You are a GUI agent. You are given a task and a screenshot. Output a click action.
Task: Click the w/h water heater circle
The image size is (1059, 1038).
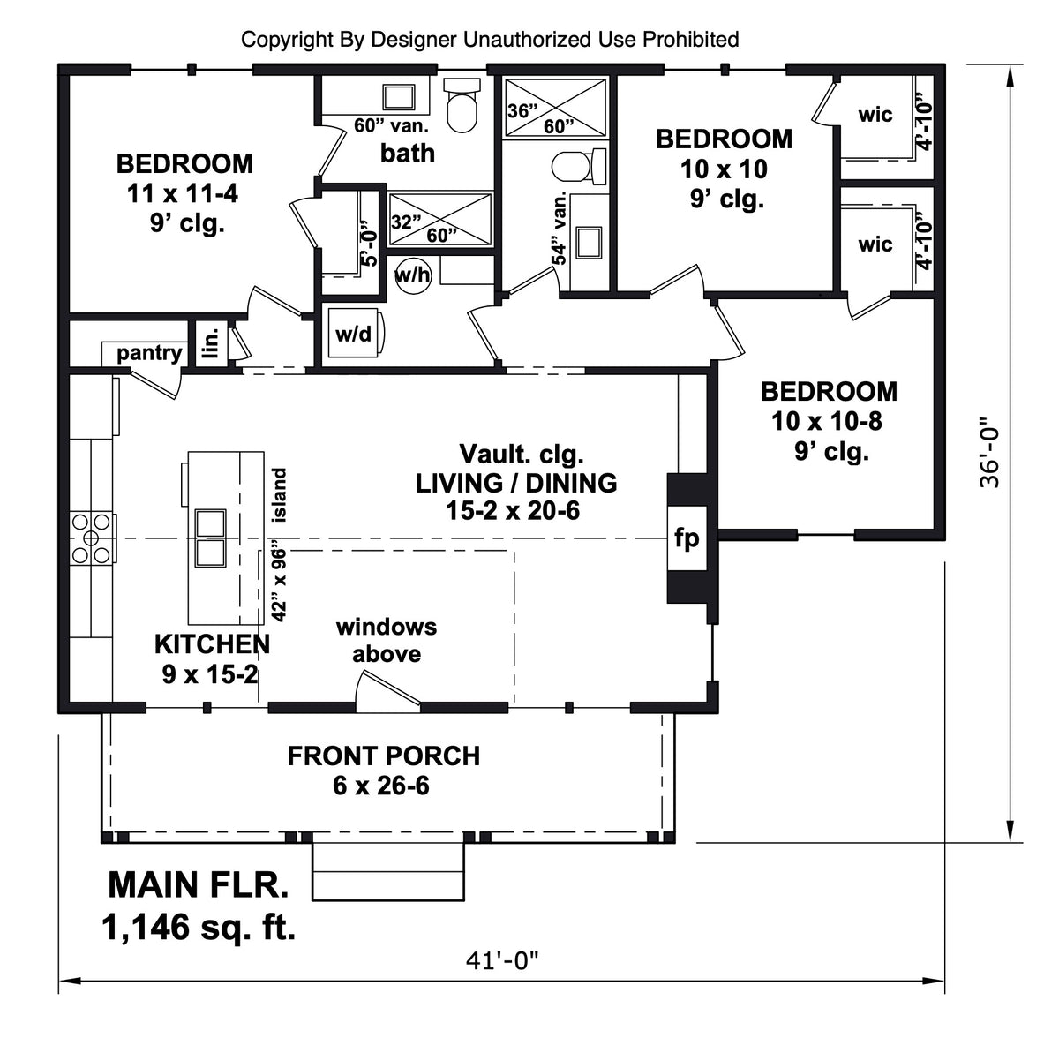click(412, 275)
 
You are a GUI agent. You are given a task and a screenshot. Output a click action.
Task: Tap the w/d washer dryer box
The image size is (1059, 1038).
click(354, 334)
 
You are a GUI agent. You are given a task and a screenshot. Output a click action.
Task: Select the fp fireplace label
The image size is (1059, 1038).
click(687, 537)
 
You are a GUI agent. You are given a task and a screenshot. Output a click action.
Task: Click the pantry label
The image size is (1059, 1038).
click(149, 353)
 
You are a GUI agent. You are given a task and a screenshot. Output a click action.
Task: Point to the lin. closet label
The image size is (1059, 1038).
click(210, 342)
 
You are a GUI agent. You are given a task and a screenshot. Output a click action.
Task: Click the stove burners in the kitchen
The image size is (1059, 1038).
click(92, 538)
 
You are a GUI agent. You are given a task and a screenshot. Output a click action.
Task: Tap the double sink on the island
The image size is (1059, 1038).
click(210, 538)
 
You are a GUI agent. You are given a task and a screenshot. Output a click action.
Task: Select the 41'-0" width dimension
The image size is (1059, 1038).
click(502, 959)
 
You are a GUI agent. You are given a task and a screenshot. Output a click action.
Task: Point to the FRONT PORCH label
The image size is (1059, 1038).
click(384, 756)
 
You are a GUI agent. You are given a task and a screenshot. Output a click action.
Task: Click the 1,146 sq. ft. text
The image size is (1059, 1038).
click(199, 927)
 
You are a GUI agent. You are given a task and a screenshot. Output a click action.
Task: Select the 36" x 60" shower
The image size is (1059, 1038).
click(555, 108)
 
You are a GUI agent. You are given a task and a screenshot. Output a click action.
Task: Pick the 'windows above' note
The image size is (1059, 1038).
click(387, 640)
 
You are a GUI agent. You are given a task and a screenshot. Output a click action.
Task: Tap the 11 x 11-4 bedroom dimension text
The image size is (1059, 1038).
click(184, 192)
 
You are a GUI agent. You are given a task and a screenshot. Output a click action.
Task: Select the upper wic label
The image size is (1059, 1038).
click(875, 115)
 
